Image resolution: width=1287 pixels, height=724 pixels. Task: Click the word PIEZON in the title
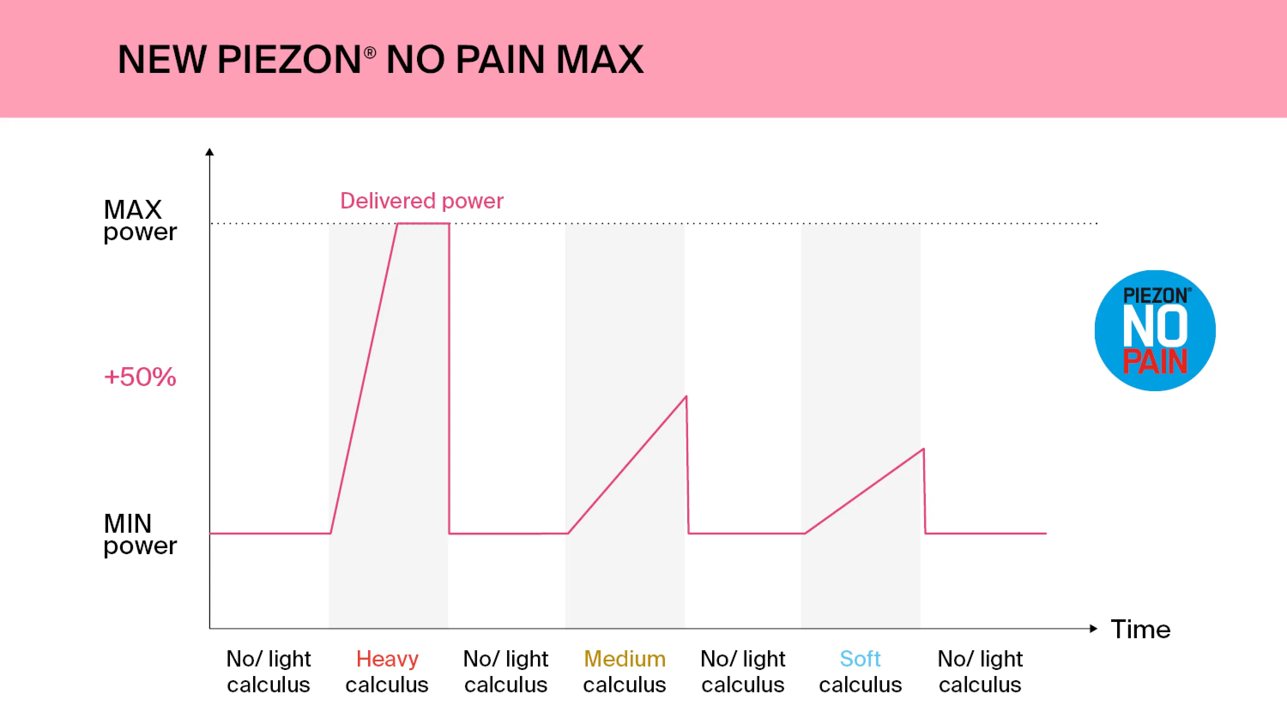[289, 60]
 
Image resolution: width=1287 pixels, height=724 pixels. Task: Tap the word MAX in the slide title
[600, 60]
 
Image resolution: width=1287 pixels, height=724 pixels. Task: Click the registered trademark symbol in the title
[370, 52]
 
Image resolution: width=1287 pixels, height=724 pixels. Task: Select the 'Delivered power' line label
[422, 201]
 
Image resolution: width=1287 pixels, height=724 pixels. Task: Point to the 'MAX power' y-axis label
[139, 220]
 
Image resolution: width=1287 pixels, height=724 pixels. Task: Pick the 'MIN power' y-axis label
[139, 534]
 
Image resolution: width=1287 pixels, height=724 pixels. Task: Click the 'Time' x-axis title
[1141, 629]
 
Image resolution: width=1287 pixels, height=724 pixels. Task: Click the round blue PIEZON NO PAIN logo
[1155, 330]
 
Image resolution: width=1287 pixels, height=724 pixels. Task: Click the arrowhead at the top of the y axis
[210, 152]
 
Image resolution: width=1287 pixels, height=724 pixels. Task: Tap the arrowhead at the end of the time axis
[1094, 628]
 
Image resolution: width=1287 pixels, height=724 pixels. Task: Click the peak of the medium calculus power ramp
[686, 397]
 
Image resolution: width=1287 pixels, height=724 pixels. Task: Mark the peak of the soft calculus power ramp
[923, 449]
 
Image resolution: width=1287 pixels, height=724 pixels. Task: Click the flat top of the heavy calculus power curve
[423, 223]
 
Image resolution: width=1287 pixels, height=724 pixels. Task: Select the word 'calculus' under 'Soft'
[860, 685]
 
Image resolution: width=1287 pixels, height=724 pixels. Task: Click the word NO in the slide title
[415, 60]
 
